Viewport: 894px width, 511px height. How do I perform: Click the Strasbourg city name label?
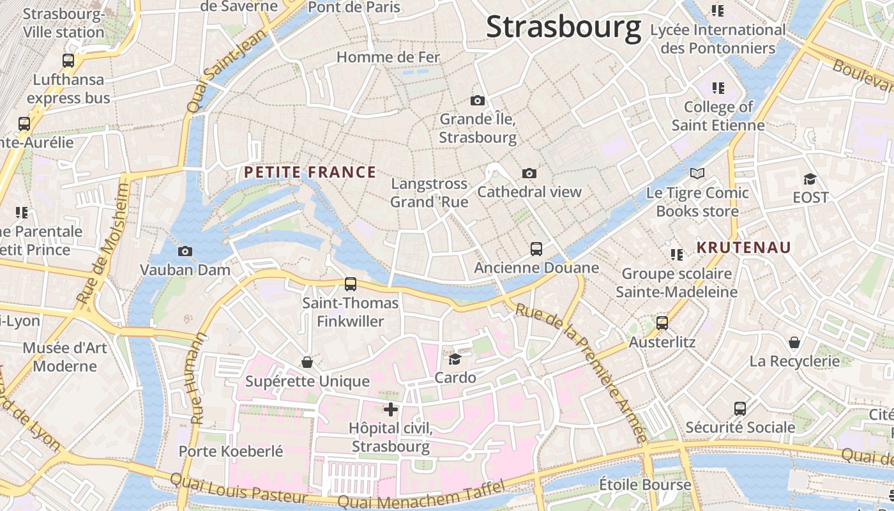pyautogui.click(x=563, y=27)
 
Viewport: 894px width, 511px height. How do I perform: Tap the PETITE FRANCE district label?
pyautogui.click(x=310, y=172)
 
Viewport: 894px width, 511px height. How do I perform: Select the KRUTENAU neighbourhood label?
pyautogui.click(x=743, y=247)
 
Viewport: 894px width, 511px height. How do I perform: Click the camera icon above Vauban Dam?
pyautogui.click(x=185, y=251)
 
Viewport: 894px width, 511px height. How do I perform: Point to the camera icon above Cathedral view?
pyautogui.click(x=529, y=173)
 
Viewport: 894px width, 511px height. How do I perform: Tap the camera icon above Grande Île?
pyautogui.click(x=477, y=100)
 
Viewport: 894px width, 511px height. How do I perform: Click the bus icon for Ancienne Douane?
pyautogui.click(x=536, y=248)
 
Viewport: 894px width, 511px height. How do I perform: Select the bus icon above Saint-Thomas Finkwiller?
pyautogui.click(x=350, y=284)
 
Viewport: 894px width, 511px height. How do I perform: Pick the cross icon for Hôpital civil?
pyautogui.click(x=391, y=409)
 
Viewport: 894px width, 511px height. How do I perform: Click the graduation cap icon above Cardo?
pyautogui.click(x=455, y=359)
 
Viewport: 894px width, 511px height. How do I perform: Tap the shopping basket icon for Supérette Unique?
pyautogui.click(x=307, y=362)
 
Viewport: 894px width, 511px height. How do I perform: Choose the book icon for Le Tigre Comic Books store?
pyautogui.click(x=697, y=173)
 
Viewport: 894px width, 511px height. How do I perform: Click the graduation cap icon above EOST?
pyautogui.click(x=810, y=179)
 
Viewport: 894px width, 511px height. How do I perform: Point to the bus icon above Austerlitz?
pyautogui.click(x=662, y=323)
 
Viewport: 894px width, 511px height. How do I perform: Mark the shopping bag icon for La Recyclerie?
pyautogui.click(x=794, y=342)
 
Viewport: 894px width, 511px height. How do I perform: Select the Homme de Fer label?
pyautogui.click(x=388, y=57)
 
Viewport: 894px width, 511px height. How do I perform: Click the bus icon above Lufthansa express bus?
pyautogui.click(x=68, y=61)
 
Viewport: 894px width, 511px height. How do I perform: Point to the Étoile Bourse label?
pyautogui.click(x=644, y=485)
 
